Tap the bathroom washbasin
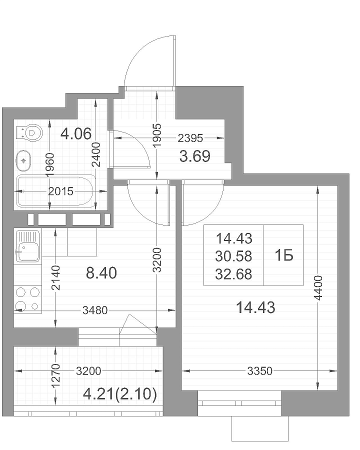[23, 160]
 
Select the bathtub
[55, 190]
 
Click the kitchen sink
[27, 246]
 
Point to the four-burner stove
[28, 299]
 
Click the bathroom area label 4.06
[76, 133]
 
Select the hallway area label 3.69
[194, 156]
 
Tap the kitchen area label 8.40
[101, 273]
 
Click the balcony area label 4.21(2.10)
[119, 394]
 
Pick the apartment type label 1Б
[283, 255]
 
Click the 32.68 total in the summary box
[233, 274]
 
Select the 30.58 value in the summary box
[233, 256]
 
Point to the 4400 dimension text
[318, 288]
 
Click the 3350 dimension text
[260, 371]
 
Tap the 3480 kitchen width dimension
[95, 310]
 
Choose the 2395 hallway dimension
[190, 138]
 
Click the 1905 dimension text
[157, 135]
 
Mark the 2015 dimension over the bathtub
[61, 191]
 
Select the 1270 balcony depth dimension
[55, 375]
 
